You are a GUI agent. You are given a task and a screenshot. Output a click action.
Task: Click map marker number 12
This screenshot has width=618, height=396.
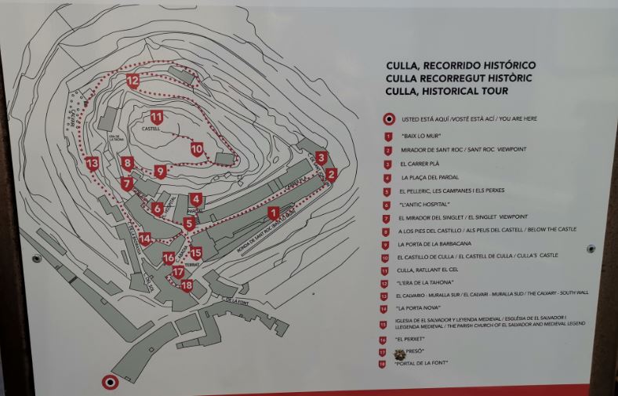coord(133,81)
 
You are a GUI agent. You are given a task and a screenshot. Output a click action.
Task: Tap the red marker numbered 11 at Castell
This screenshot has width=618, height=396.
coord(157,118)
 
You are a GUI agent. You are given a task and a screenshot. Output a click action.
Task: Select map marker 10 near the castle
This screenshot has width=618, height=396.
coord(196,148)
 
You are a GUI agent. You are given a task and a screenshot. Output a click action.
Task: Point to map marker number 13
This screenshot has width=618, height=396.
coord(93,164)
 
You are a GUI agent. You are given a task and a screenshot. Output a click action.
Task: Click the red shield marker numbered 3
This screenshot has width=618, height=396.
coord(322,158)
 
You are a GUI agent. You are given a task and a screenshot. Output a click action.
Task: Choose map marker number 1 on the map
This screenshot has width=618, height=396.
coord(273,213)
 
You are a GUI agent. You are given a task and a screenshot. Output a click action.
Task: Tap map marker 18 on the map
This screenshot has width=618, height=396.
coord(187,285)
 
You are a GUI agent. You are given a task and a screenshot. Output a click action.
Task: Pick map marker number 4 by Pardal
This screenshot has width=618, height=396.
coord(196,200)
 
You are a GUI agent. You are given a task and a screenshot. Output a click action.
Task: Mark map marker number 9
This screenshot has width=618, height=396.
coord(160,171)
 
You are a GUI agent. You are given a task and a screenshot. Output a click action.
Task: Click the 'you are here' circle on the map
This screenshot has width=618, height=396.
coord(111,382)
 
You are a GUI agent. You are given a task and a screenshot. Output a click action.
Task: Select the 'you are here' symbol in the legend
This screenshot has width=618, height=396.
coord(387,119)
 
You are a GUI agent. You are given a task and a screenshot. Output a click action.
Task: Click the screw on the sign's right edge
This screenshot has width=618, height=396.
coord(591,249)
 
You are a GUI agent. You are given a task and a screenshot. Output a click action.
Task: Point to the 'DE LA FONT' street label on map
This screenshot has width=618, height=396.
coord(238,300)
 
